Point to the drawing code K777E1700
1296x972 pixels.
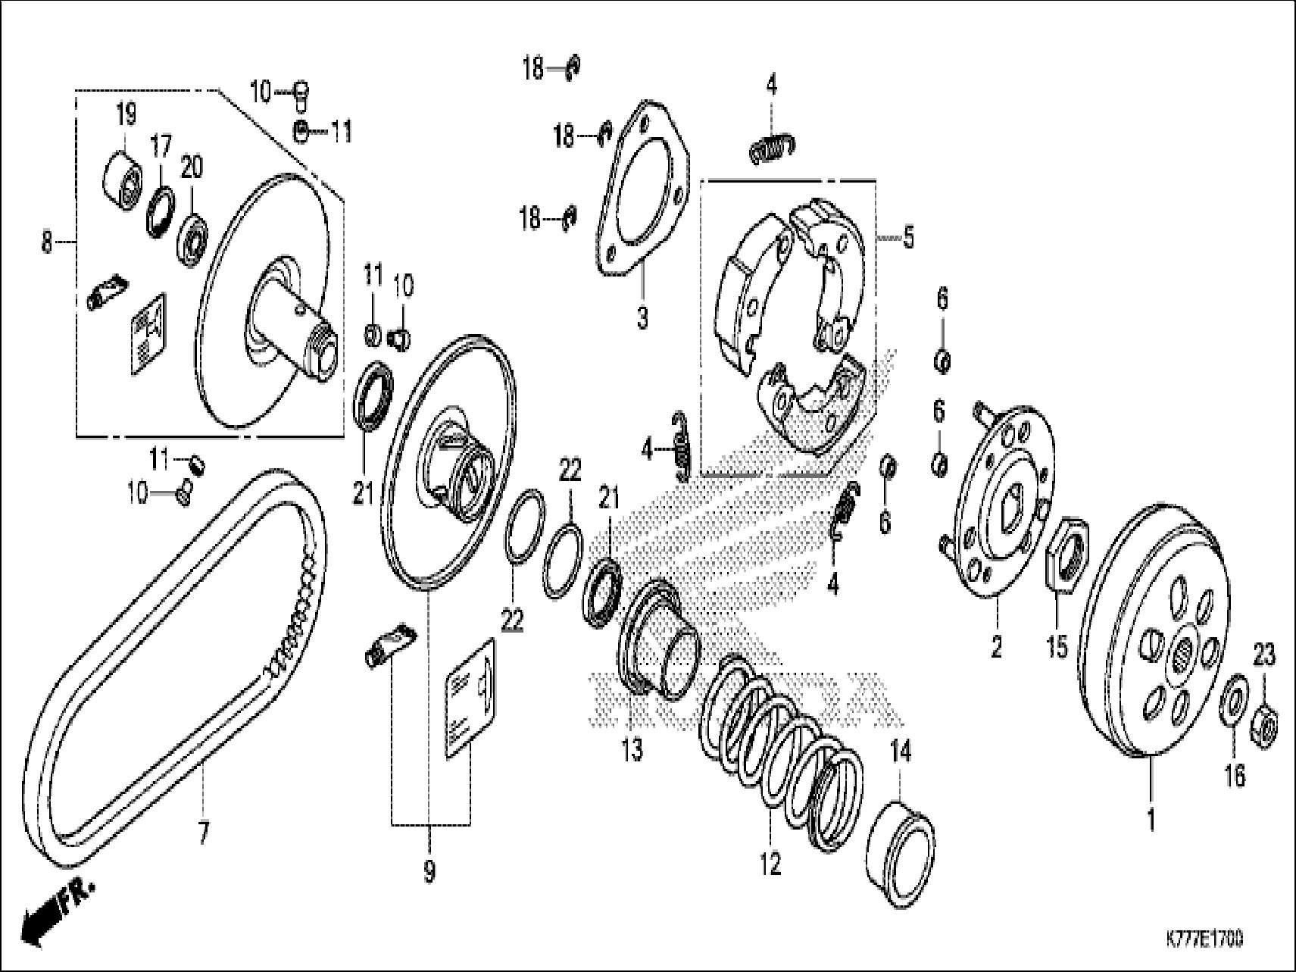[x=1204, y=939]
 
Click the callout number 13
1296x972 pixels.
[x=632, y=749]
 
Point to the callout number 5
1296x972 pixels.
[x=908, y=238]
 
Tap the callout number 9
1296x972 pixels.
[x=429, y=872]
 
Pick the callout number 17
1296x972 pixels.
[x=161, y=147]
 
